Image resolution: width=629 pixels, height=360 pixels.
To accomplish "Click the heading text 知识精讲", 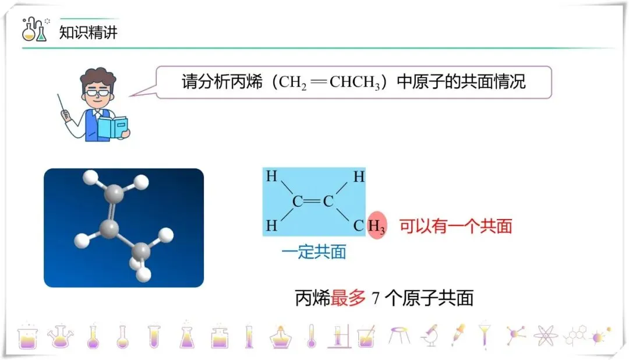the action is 89,33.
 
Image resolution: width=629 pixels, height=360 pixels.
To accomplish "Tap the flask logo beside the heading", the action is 34,30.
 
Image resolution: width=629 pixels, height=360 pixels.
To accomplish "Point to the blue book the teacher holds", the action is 112,127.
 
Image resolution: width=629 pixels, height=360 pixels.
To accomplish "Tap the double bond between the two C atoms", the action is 313,202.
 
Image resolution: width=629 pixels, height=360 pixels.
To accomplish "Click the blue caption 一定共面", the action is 313,252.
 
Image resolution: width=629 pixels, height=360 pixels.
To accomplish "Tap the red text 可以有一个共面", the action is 455,226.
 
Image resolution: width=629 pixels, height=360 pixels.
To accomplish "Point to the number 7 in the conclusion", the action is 376,298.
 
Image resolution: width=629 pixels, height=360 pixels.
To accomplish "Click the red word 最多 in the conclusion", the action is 348,298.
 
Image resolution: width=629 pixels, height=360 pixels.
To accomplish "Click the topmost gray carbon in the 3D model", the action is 115,192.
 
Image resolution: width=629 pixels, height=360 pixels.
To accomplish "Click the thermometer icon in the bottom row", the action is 311,336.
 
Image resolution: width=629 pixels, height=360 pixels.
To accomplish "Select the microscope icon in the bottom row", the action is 430,335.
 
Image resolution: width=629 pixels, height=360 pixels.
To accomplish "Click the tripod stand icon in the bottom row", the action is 400,335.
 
